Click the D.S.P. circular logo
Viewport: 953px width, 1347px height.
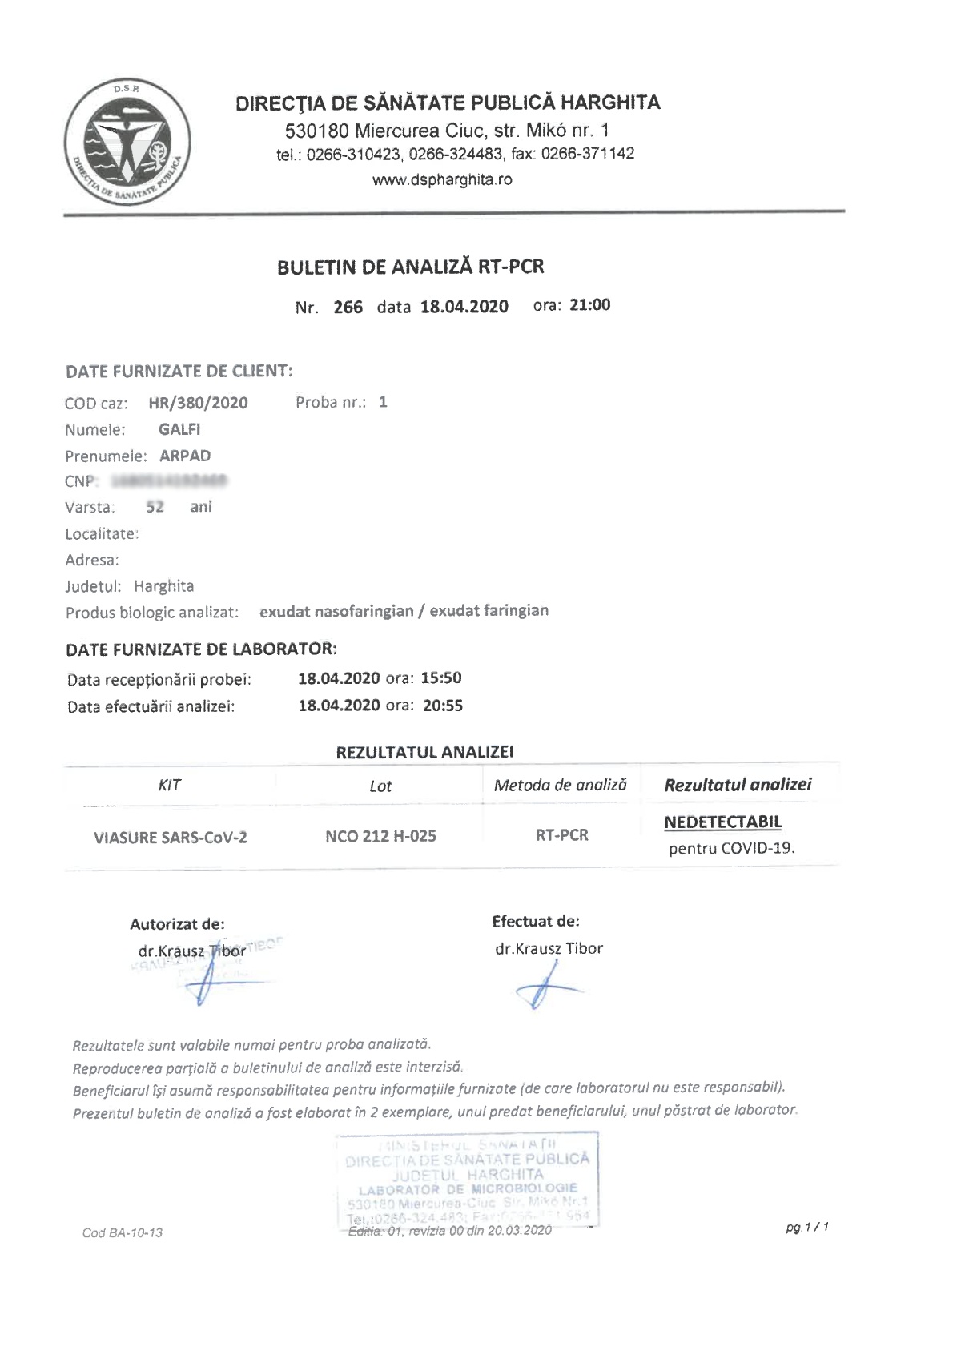click(x=128, y=142)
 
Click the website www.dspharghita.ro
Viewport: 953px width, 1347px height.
click(x=442, y=179)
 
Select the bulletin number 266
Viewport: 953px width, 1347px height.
click(x=348, y=307)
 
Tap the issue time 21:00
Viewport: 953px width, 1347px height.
click(x=589, y=304)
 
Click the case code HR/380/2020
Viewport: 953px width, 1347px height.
click(x=199, y=403)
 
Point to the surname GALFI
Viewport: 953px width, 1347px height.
click(x=179, y=429)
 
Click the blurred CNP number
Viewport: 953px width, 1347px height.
click(x=169, y=481)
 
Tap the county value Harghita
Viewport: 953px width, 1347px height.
click(x=164, y=585)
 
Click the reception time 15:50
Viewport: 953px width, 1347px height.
click(x=441, y=678)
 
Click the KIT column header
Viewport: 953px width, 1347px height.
click(x=170, y=785)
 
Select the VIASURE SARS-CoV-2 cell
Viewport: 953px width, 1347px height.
click(x=171, y=838)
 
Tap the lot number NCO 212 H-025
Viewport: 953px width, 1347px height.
click(x=380, y=836)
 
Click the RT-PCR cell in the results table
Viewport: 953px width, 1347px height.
click(x=562, y=835)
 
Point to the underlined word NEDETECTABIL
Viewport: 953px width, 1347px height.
click(x=722, y=822)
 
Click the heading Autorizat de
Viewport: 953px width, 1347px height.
click(x=177, y=923)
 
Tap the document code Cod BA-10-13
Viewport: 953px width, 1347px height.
click(x=123, y=1232)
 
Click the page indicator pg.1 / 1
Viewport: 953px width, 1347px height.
click(x=806, y=1226)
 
